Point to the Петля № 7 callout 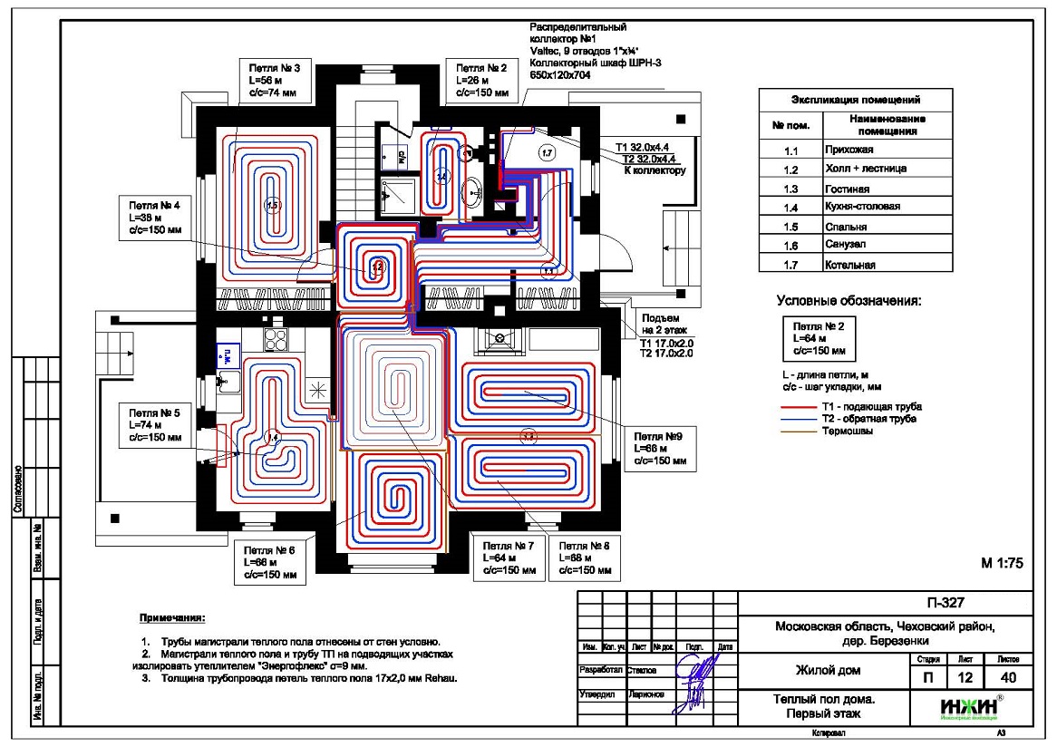coord(508,558)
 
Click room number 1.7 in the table coord(790,265)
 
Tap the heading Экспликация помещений coord(857,100)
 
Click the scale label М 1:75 coord(1002,562)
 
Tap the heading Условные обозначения coord(849,300)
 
